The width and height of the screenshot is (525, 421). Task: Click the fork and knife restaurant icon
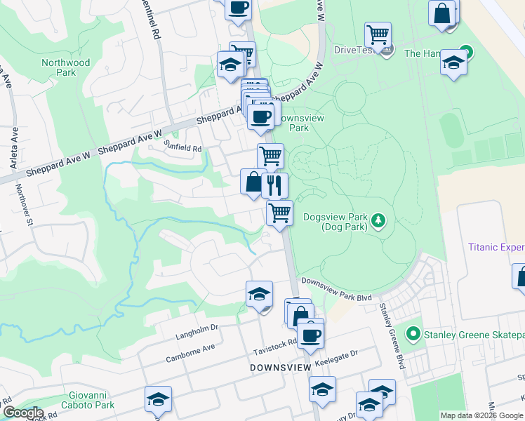tap(274, 185)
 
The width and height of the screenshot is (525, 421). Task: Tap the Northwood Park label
tap(66, 67)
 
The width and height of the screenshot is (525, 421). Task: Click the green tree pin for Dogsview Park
tap(378, 221)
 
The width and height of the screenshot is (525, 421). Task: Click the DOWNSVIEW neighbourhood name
tap(279, 367)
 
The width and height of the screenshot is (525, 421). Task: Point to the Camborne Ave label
tap(190, 348)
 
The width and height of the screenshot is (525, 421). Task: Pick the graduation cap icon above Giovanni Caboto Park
tap(158, 398)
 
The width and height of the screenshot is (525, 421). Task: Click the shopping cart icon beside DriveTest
tap(378, 34)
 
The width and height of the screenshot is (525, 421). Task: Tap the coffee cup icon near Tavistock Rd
tap(310, 333)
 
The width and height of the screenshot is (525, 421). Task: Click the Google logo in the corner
tap(22, 413)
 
